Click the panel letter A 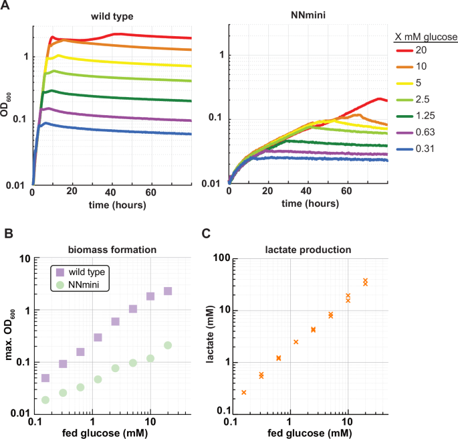(7, 6)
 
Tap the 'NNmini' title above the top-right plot (308, 15)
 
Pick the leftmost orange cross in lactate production (244, 392)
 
